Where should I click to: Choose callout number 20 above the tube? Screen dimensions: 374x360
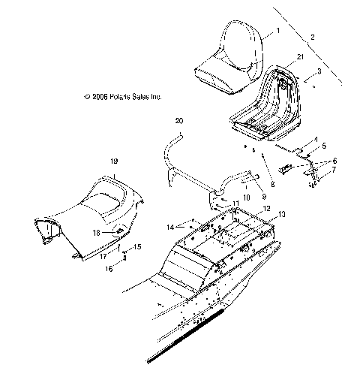pyautogui.click(x=178, y=120)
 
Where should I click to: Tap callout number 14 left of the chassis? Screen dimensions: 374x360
pyautogui.click(x=170, y=225)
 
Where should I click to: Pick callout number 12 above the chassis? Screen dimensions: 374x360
pyautogui.click(x=245, y=208)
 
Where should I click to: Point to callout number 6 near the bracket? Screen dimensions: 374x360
pyautogui.click(x=335, y=161)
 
